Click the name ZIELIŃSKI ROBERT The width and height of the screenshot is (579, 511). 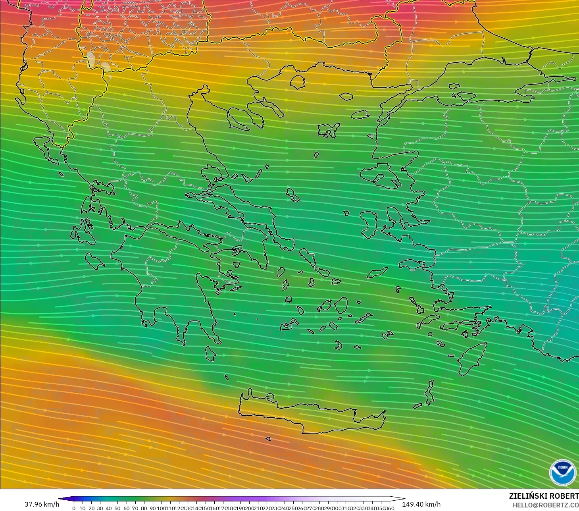544,496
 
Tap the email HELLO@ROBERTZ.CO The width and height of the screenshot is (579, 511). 545,505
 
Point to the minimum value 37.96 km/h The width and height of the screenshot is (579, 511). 42,504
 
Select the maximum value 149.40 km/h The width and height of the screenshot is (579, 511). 421,504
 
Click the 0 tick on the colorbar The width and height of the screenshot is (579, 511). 74,508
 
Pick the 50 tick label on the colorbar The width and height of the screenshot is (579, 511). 117,508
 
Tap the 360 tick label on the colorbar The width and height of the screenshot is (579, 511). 389,508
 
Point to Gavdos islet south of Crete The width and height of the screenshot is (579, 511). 268,439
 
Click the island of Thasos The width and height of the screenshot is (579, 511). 297,82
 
